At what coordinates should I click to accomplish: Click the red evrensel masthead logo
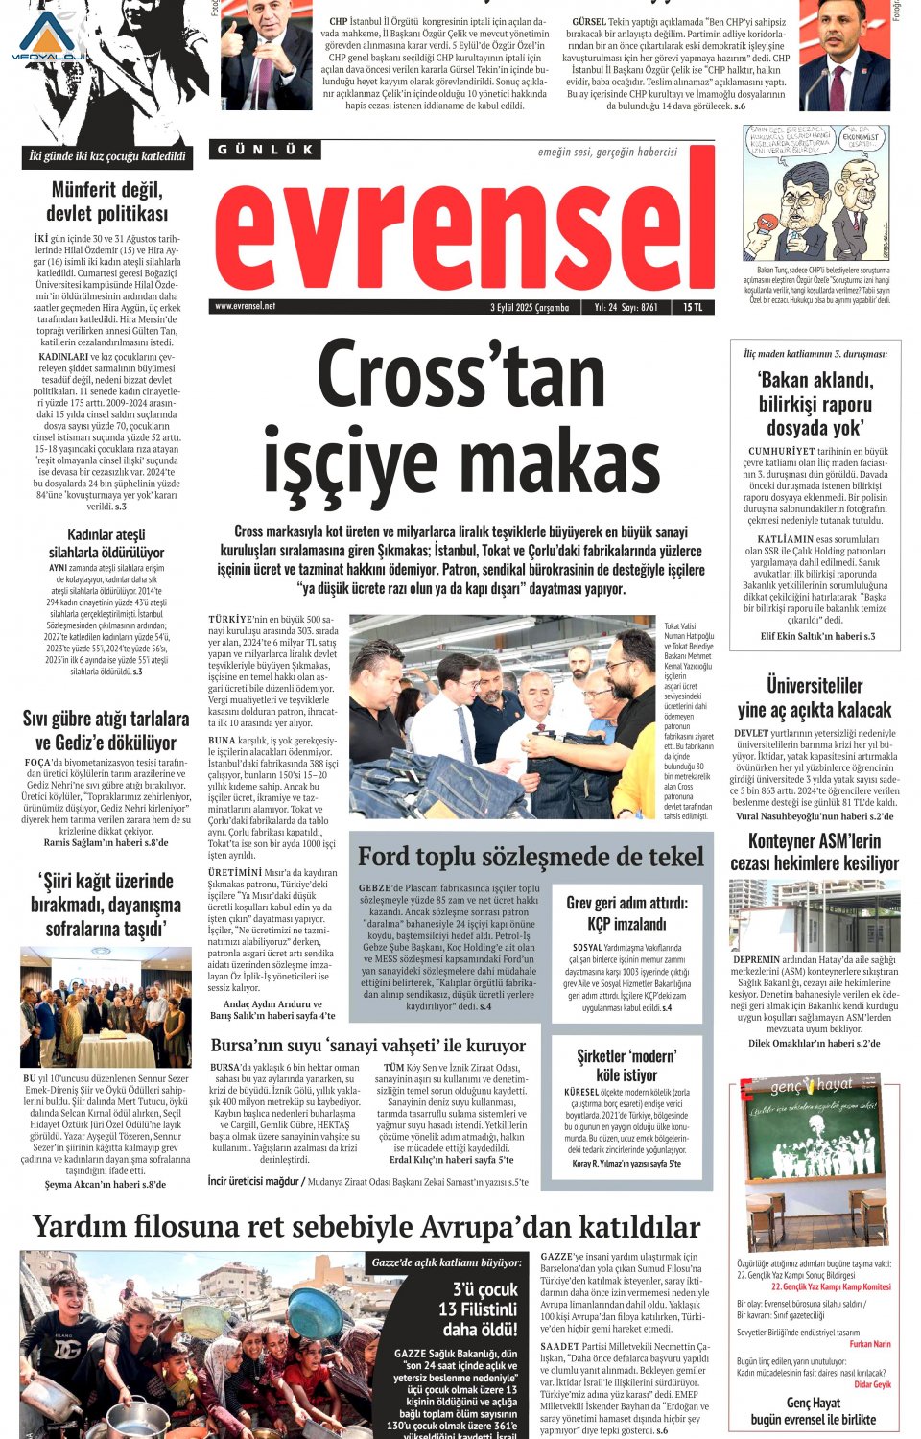point(463,226)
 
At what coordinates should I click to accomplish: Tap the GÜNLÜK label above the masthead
point(265,150)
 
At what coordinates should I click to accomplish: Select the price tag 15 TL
point(693,307)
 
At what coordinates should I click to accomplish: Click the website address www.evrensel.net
point(246,306)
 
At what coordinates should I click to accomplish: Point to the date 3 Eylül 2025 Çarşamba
point(530,307)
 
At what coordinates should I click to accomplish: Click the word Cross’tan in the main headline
point(460,375)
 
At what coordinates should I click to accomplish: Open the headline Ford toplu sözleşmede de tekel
point(531,856)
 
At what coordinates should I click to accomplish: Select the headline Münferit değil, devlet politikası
point(106,201)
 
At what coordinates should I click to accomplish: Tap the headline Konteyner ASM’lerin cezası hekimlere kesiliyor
point(815,852)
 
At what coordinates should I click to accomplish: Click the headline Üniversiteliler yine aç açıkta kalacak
point(815,697)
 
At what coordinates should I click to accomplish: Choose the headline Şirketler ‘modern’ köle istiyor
point(626,1065)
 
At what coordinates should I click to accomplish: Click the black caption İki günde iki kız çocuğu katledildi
point(107,156)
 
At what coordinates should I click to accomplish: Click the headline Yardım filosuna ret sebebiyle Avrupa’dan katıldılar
point(366,1226)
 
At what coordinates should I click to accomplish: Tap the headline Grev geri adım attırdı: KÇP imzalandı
point(626,912)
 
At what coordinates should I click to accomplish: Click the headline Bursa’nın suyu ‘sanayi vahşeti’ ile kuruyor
point(368,1045)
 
